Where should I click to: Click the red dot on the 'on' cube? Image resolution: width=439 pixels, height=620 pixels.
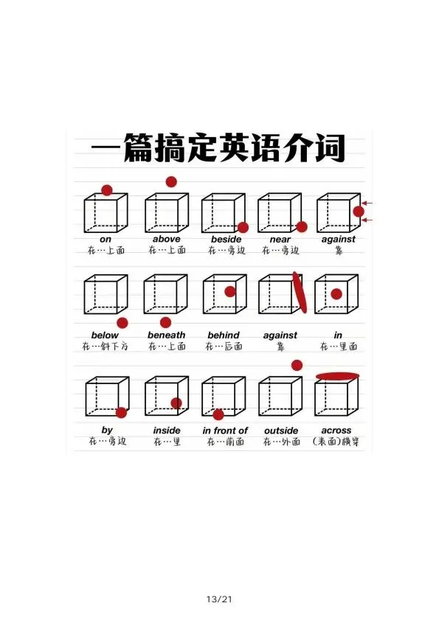pos(107,190)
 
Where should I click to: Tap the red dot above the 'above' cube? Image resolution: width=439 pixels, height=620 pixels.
pos(171,182)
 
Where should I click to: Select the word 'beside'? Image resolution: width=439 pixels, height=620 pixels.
pos(226,239)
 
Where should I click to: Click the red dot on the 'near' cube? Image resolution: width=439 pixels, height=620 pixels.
pos(302,226)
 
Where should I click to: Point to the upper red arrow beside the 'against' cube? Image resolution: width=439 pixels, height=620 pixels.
pos(367,203)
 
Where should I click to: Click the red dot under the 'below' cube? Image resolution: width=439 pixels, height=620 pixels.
pos(122,323)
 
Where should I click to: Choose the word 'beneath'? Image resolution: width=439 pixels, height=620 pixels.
pos(166,335)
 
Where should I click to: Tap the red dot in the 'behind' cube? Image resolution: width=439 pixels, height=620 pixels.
pos(230,291)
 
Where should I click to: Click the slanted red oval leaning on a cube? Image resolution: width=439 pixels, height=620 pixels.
pos(300,292)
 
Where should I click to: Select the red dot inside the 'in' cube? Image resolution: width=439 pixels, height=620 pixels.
pos(336,294)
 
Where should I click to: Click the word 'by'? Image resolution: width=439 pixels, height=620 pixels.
pos(107,431)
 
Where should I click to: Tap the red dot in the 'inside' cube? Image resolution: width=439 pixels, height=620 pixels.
pos(176,403)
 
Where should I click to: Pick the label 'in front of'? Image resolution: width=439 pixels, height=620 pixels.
pos(225,431)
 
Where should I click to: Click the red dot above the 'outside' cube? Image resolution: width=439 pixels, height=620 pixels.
pos(297,366)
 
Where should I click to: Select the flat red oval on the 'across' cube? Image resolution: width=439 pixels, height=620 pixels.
pos(338,376)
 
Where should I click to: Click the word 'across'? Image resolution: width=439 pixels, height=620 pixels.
pos(336,431)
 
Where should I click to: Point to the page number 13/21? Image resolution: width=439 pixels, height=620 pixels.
pos(219,599)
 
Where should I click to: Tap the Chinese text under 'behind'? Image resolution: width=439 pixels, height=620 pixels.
pos(224,346)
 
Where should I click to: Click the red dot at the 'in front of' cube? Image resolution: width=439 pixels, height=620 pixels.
pos(218,414)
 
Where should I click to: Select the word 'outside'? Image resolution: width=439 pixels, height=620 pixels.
pos(281,431)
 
